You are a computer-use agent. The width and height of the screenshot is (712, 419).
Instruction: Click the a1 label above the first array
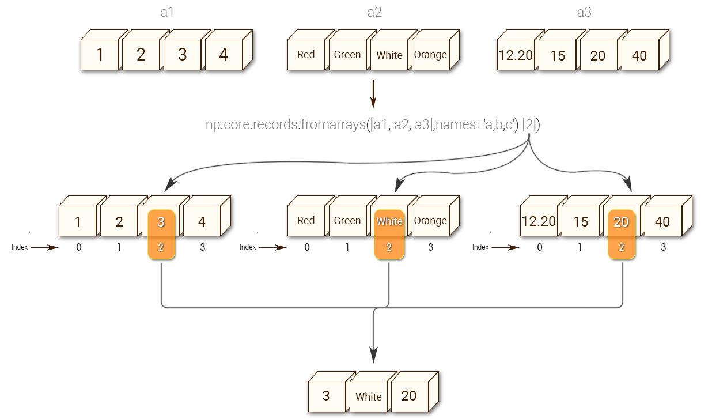(167, 13)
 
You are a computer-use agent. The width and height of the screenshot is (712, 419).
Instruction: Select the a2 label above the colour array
(374, 13)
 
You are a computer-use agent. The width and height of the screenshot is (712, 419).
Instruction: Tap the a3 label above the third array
(584, 13)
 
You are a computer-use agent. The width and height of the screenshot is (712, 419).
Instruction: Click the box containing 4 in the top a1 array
(224, 55)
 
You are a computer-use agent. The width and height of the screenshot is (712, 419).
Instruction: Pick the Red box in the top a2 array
(306, 55)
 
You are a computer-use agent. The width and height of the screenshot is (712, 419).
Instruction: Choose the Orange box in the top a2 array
(430, 55)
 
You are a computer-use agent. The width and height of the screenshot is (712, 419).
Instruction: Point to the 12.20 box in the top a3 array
(516, 56)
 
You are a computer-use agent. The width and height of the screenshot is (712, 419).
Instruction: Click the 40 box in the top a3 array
(639, 56)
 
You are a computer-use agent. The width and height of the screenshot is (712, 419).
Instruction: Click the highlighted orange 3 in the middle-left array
(161, 222)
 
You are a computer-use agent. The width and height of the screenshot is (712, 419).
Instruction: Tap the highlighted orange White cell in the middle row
(389, 221)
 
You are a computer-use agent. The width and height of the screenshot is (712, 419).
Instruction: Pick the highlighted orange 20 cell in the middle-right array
(622, 222)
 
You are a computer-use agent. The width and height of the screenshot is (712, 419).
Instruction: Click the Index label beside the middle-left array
(20, 247)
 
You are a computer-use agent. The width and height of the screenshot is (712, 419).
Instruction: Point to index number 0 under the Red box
(306, 247)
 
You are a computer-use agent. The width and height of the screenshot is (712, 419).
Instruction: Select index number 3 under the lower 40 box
(663, 247)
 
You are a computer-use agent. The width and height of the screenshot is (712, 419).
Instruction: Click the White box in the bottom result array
(369, 397)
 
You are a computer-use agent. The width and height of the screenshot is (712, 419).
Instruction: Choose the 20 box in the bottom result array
(409, 396)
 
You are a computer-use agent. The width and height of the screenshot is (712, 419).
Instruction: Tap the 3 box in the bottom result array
(326, 396)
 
